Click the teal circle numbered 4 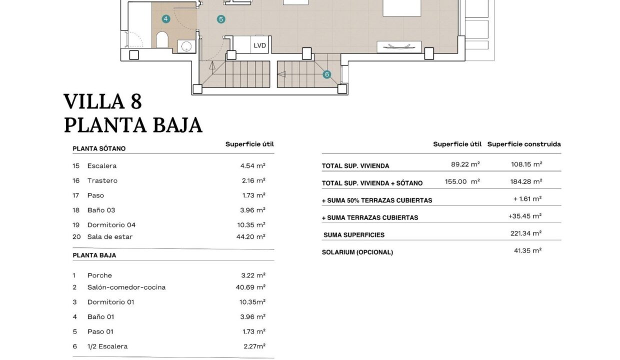166,19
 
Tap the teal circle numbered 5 221,19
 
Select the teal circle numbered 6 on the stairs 327,74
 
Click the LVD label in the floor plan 259,45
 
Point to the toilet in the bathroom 162,39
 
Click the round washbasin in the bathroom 186,46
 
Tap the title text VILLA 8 103,101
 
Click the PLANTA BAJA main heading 133,125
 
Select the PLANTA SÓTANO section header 99,148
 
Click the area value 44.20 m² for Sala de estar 251,236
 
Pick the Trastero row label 102,180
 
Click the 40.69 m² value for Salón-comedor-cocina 250,287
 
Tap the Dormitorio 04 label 111,224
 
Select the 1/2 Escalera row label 107,346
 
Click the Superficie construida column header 524,144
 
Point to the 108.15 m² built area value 526,164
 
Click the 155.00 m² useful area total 462,181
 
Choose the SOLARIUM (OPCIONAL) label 357,252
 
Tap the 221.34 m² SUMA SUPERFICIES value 526,233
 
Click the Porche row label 99,275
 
